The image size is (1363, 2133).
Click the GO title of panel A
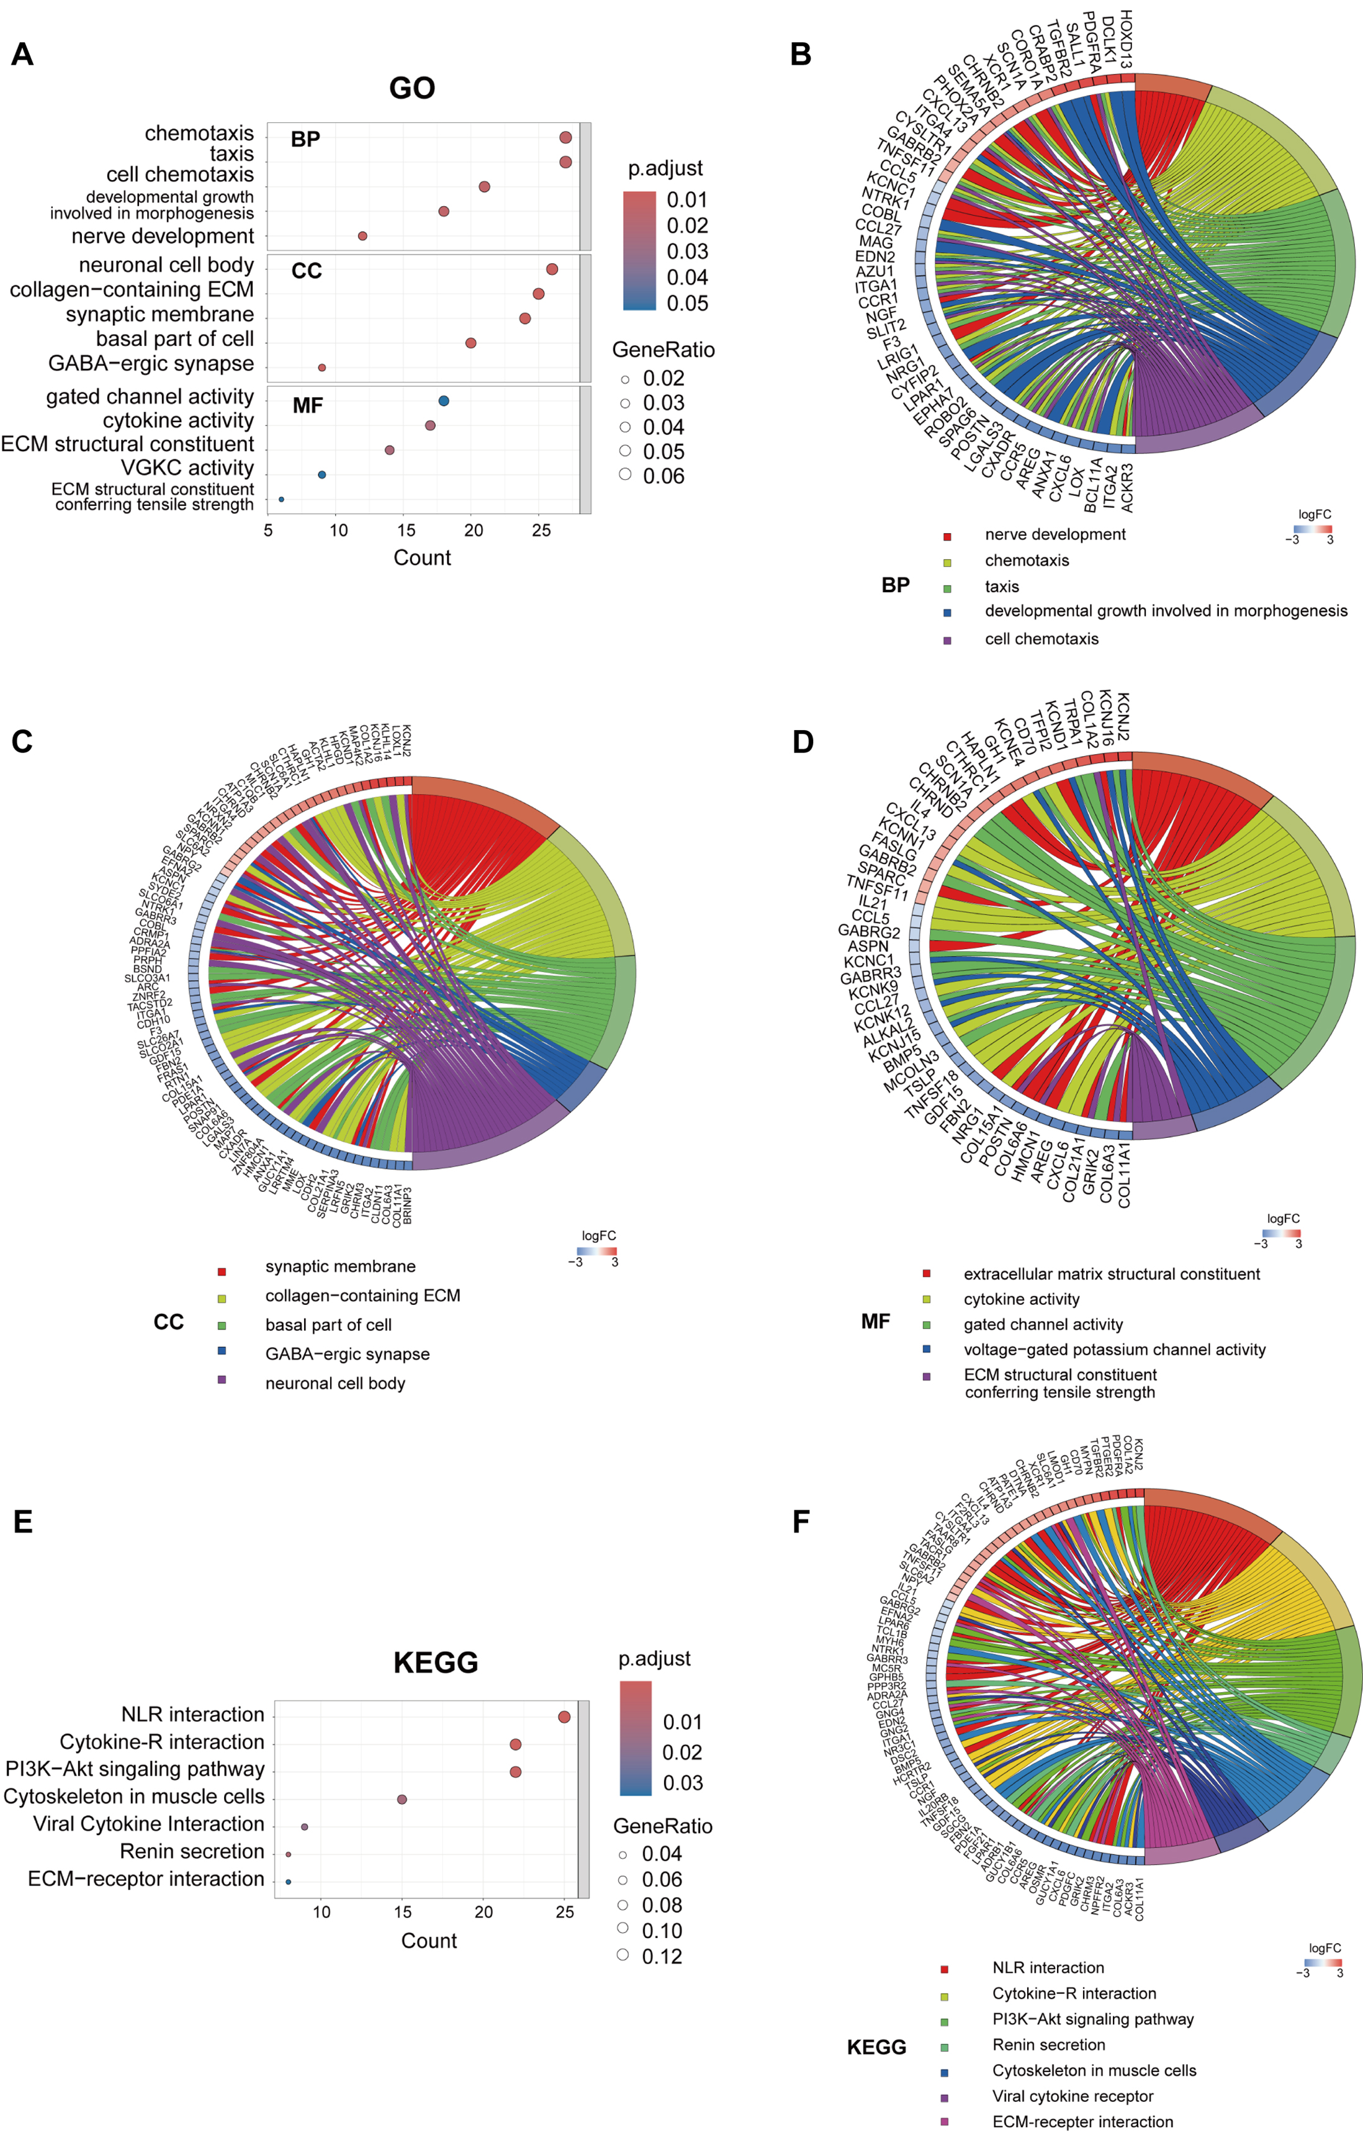click(x=412, y=88)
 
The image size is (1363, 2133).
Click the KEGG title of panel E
click(x=436, y=1662)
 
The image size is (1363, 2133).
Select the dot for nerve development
click(x=362, y=236)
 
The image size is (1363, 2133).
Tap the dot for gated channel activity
click(x=444, y=401)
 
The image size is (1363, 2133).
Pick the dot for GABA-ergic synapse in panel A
click(x=322, y=368)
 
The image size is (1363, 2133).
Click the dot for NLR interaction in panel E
click(x=564, y=1716)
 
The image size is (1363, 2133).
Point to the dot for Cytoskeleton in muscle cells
click(x=402, y=1799)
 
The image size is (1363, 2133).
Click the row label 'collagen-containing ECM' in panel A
click(x=132, y=290)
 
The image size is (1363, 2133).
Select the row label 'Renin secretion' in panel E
click(x=192, y=1851)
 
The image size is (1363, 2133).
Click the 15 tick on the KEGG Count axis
click(x=402, y=1911)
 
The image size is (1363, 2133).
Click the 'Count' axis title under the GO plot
click(x=423, y=558)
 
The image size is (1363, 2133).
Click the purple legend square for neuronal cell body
click(x=222, y=1379)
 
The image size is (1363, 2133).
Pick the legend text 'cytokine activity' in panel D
click(x=1021, y=1299)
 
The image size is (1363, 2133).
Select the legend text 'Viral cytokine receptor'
click(x=1073, y=2096)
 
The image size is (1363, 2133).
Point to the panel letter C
click(x=22, y=741)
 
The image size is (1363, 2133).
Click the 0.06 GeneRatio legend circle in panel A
click(x=625, y=474)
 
